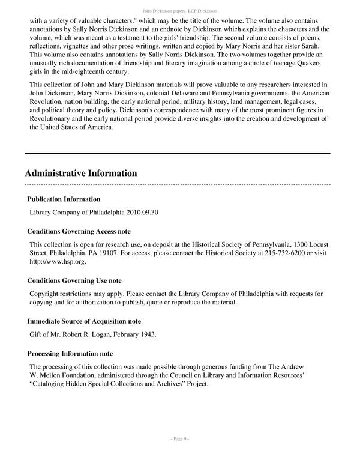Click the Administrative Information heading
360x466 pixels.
(81, 174)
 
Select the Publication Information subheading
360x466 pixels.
(64, 199)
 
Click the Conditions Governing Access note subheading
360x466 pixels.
(79, 231)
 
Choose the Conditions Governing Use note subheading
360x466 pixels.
(74, 280)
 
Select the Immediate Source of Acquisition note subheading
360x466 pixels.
(84, 321)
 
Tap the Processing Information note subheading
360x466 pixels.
(70, 354)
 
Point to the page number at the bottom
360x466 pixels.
(180, 456)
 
